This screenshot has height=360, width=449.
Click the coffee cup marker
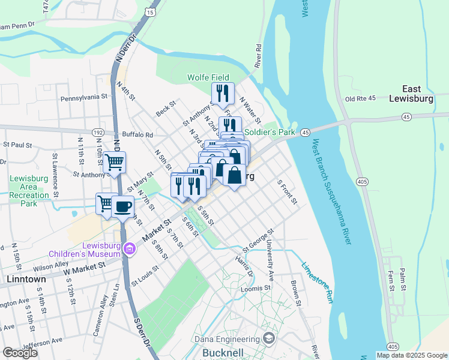[x=122, y=207]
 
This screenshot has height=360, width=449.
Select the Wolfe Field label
[x=208, y=77]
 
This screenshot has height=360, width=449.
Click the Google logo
[x=20, y=353]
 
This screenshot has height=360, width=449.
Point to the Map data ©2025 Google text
[x=411, y=355]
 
